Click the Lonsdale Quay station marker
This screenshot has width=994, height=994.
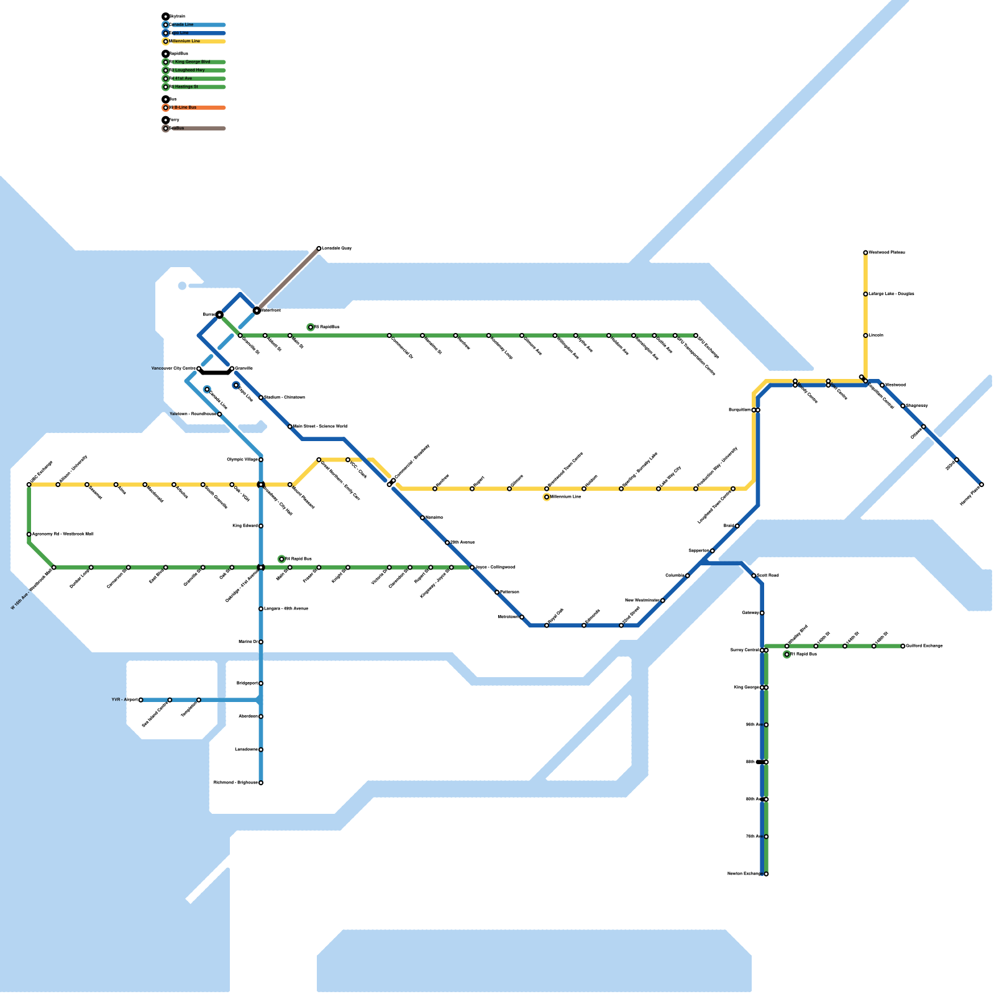319,248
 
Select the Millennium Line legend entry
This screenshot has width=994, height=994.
185,42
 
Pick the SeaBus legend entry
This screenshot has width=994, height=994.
177,129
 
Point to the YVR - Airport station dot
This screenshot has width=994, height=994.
141,700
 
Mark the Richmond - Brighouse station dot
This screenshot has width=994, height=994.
261,783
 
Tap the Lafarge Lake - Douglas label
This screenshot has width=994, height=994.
891,294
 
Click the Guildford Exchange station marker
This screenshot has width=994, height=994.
903,646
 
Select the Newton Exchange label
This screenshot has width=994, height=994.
744,874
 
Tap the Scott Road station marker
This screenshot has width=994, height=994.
754,576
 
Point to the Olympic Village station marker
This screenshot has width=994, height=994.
261,460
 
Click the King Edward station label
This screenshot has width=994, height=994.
245,526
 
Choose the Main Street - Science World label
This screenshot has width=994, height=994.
320,427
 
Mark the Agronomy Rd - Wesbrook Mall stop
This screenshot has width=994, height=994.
29,534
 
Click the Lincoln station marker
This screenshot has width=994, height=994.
865,335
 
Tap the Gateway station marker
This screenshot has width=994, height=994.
762,613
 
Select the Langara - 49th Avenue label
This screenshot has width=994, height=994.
286,609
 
